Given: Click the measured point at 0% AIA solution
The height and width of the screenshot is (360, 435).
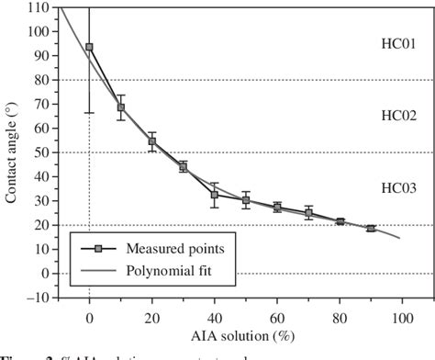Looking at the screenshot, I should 89,47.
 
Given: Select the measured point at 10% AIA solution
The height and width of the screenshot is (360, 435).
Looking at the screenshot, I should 121,107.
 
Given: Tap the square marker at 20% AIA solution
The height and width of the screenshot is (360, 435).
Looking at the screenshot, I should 152,141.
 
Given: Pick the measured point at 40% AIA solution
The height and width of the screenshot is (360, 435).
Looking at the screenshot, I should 215,195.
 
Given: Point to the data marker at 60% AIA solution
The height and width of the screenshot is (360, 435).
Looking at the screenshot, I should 277,208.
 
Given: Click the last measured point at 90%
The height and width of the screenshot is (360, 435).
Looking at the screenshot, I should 371,229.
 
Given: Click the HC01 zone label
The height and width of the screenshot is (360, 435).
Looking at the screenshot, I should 398,43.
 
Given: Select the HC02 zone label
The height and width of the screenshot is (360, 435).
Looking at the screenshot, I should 398,115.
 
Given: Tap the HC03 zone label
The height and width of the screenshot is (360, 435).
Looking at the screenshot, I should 398,187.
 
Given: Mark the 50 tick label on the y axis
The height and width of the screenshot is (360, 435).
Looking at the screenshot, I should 42,152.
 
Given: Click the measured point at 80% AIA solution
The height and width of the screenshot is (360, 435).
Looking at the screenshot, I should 340,221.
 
